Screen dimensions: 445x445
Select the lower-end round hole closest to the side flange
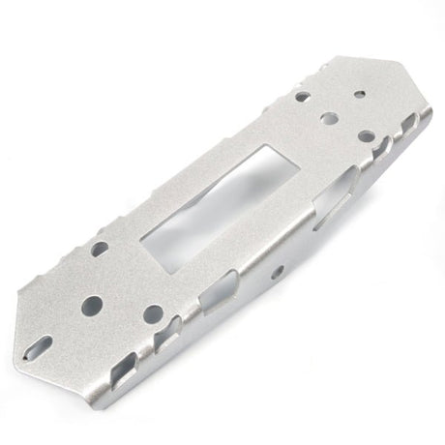tap(152, 314)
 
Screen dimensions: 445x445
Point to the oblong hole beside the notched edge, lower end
tap(101, 250)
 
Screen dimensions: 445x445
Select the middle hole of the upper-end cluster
tap(329, 119)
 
